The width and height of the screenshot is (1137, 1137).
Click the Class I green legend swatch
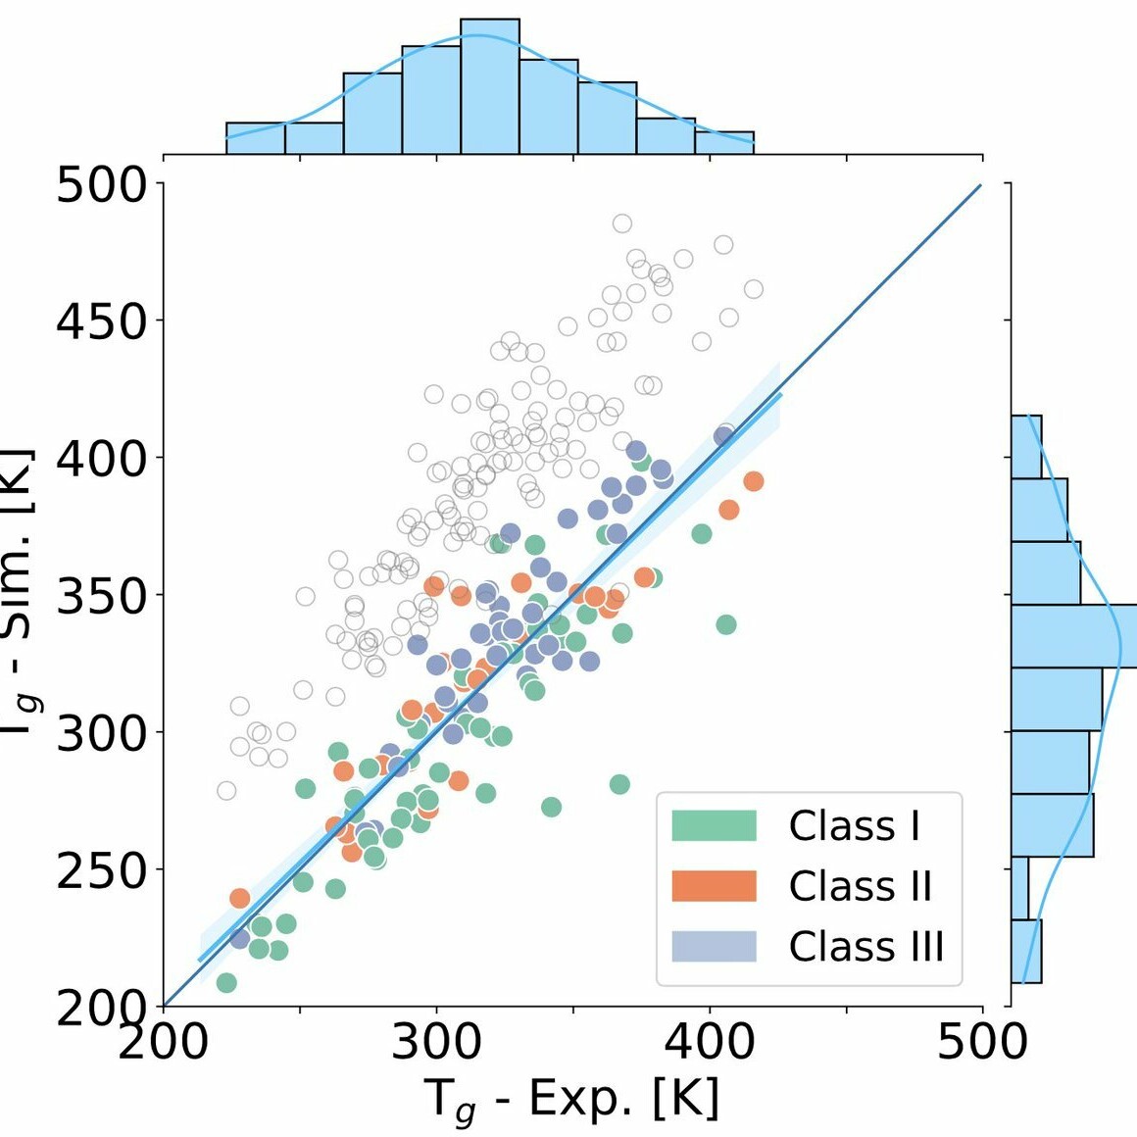point(714,825)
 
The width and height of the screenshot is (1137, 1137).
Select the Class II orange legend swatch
point(714,885)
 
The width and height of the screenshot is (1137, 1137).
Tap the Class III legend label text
point(865,947)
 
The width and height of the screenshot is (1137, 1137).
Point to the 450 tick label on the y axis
point(101,321)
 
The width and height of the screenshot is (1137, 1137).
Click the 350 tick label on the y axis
point(101,596)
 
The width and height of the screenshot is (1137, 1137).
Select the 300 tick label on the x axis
point(436,1042)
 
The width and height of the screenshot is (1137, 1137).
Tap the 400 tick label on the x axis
point(710,1042)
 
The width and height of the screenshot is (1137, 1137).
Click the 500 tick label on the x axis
point(982,1042)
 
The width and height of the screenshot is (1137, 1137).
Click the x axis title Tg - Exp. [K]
point(573,1099)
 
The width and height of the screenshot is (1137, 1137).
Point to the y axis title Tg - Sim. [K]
point(20,593)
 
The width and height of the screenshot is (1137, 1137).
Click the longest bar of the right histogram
point(1073,636)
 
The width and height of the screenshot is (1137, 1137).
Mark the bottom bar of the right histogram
point(1025,951)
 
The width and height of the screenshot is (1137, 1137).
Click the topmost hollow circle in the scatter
point(622,223)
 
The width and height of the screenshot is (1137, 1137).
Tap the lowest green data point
point(226,982)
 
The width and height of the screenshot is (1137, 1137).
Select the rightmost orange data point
point(753,481)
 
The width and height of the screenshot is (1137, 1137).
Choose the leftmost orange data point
point(240,898)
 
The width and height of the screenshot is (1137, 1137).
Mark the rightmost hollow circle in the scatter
point(753,289)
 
